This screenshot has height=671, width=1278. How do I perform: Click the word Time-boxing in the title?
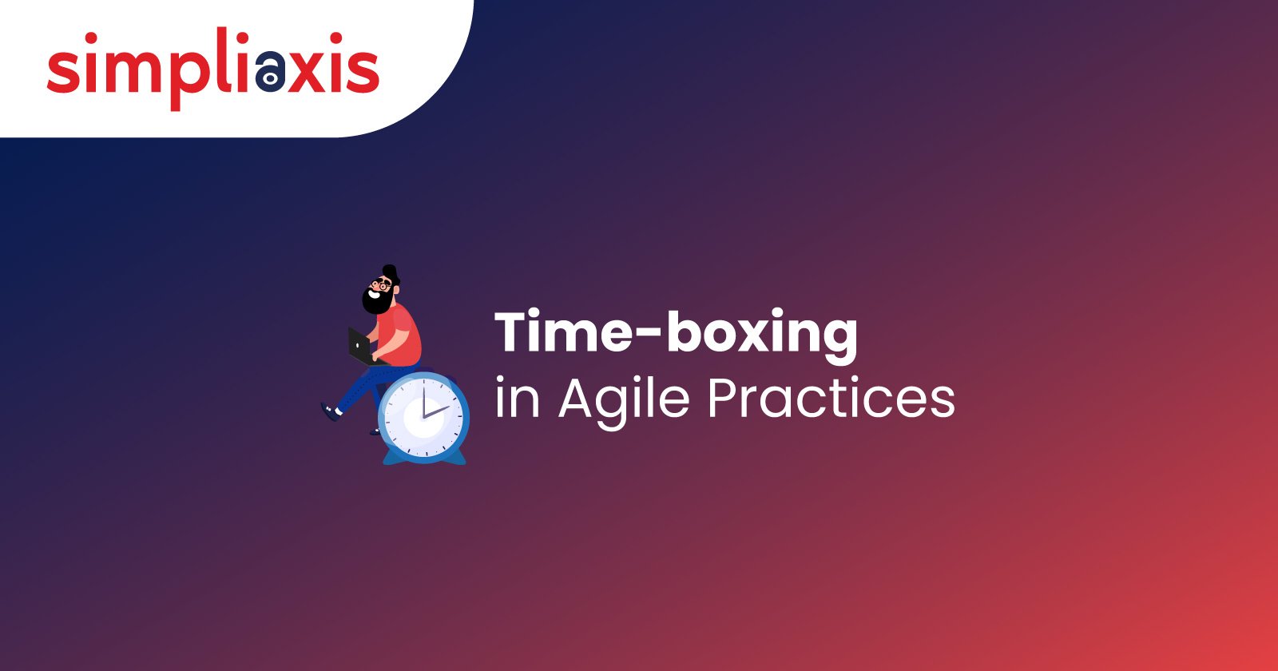click(x=676, y=333)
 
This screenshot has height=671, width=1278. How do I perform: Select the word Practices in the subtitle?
click(x=831, y=397)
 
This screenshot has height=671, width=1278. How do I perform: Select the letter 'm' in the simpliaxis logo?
click(x=127, y=71)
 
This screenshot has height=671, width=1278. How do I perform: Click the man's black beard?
click(x=376, y=300)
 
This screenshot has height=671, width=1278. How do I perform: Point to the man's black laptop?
click(x=359, y=344)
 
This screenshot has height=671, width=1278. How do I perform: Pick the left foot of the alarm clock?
click(x=391, y=458)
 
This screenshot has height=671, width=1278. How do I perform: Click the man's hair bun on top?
click(x=389, y=268)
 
